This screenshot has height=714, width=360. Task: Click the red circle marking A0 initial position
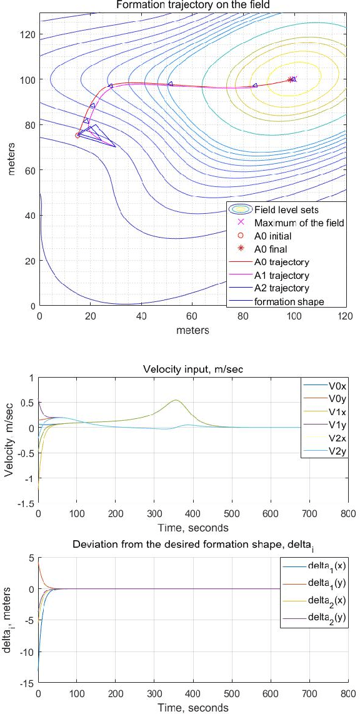pyautogui.click(x=77, y=135)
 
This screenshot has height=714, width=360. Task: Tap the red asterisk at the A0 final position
pyautogui.click(x=290, y=79)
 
